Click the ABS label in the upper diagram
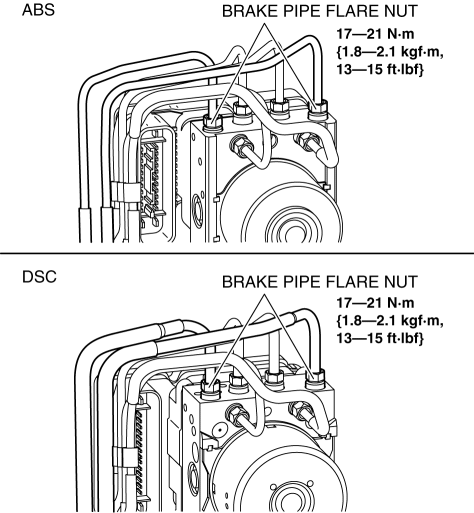(x=38, y=10)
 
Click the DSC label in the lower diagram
(x=39, y=277)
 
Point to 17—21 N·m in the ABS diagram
(x=375, y=34)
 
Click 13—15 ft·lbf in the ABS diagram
(x=380, y=69)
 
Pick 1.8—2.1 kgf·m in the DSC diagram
(x=390, y=321)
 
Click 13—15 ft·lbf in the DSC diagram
(x=380, y=338)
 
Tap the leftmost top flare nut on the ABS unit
(x=213, y=123)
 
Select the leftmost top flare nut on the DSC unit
(x=211, y=388)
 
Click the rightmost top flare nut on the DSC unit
(x=315, y=379)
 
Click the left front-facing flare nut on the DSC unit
(x=237, y=414)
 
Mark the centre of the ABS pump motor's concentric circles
(x=295, y=233)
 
